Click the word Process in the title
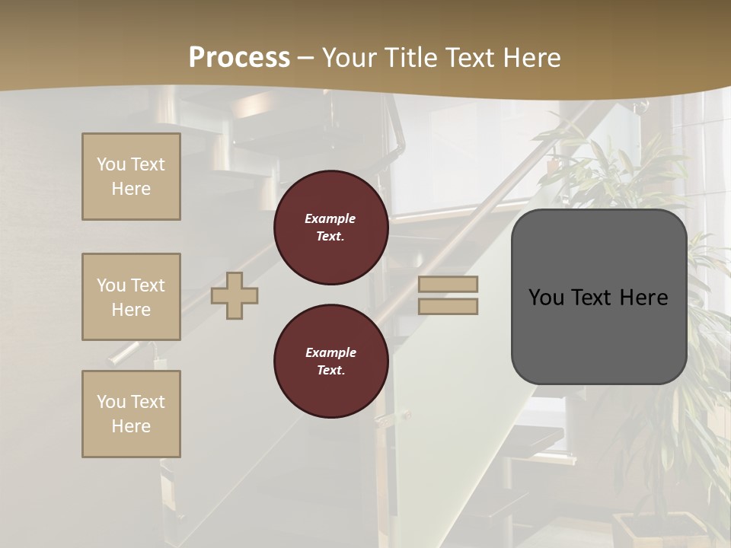click(239, 58)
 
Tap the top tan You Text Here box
click(131, 177)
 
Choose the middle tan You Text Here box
click(131, 297)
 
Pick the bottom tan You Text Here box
click(131, 414)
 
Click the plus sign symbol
click(235, 295)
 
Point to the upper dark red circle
click(330, 228)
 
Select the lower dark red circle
click(330, 362)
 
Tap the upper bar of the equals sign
click(448, 284)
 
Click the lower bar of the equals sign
click(448, 306)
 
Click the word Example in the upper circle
click(330, 218)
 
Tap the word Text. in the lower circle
click(330, 371)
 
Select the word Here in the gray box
click(643, 298)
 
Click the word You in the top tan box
click(111, 164)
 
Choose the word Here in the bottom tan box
click(131, 426)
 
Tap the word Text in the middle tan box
click(147, 285)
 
